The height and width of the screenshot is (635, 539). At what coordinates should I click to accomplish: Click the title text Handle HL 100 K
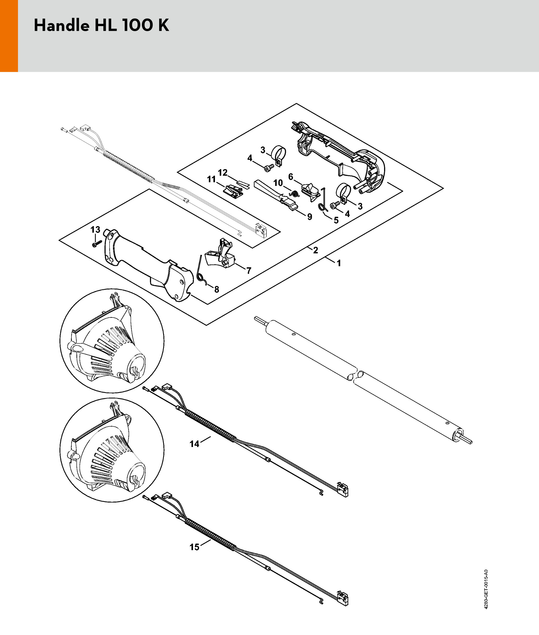(101, 25)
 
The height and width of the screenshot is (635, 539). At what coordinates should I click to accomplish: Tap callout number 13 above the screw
(95, 229)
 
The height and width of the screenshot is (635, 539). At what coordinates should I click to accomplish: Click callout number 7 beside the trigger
(249, 271)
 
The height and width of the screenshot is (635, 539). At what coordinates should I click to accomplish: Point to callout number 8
(217, 289)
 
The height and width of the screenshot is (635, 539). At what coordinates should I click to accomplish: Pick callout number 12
(223, 173)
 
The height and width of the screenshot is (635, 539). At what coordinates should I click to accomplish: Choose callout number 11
(211, 179)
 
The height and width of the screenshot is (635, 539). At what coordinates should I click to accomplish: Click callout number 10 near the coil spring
(278, 183)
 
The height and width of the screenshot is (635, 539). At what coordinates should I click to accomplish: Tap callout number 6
(291, 177)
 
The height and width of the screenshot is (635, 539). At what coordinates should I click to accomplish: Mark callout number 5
(336, 220)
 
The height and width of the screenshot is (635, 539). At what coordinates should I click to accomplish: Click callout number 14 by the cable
(194, 444)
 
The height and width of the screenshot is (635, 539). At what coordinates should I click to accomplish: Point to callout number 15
(194, 547)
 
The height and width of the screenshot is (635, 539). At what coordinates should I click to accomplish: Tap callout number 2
(316, 250)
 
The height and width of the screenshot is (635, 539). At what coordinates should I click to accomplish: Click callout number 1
(339, 263)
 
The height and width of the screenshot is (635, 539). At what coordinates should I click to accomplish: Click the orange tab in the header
(9, 36)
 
